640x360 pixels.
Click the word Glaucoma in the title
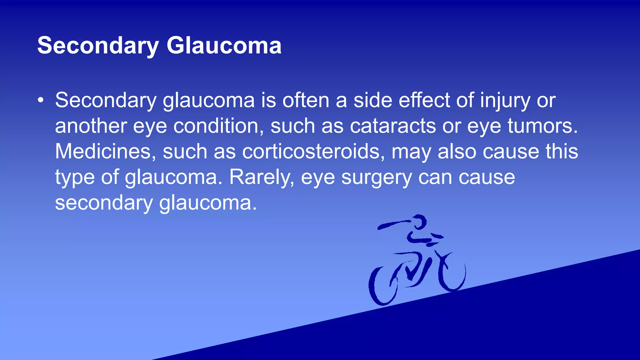(x=224, y=46)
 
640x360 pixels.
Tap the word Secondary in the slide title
(x=98, y=46)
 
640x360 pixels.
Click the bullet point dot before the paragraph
(x=40, y=100)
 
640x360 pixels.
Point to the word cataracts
(x=392, y=126)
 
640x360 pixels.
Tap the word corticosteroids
(x=313, y=152)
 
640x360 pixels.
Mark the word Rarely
(x=262, y=177)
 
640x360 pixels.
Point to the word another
(x=91, y=126)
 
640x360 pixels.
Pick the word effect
(x=424, y=100)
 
